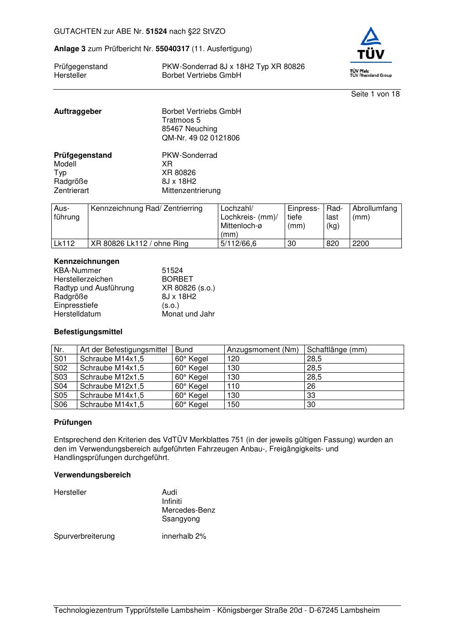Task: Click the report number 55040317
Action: pos(173,49)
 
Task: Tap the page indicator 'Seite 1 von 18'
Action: pos(375,94)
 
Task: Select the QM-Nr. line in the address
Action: pos(200,138)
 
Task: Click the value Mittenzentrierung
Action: pos(191,191)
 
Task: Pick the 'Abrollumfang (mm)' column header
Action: pos(374,213)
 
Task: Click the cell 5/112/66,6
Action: pos(238,244)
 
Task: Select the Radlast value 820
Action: pos(333,244)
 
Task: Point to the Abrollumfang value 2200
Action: pos(361,244)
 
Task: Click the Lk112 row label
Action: pos(64,244)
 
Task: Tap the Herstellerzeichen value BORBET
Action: pos(177,279)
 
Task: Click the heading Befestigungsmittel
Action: pos(88,332)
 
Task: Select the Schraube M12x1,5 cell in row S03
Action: pos(112,377)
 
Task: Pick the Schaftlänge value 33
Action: pos(311,396)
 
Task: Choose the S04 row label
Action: pos(60,386)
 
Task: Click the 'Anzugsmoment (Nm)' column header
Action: pos(263,350)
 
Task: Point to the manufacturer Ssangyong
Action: pos(181,519)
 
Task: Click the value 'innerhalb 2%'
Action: pos(184,536)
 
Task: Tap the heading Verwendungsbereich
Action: pos(92,475)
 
